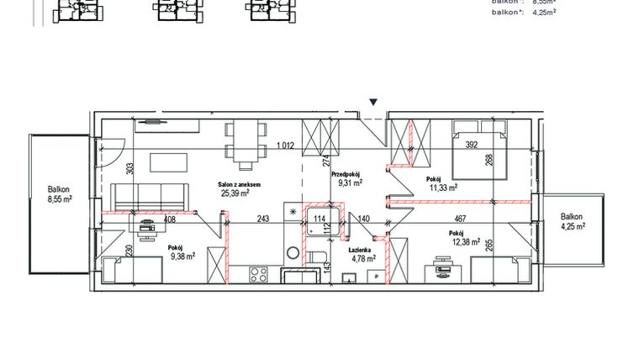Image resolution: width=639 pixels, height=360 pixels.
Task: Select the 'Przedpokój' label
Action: coord(346,173)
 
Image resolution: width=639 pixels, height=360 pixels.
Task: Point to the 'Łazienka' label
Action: coord(362,250)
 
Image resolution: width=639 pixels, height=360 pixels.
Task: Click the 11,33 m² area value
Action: coord(441,188)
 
